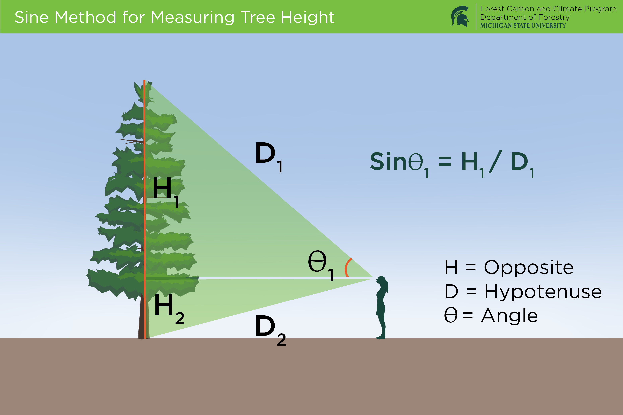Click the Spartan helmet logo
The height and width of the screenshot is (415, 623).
(x=460, y=16)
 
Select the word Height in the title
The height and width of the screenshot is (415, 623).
(x=307, y=18)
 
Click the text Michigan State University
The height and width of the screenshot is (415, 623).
(x=523, y=26)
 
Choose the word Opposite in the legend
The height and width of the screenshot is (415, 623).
(x=529, y=267)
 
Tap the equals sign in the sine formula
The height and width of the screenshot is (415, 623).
(x=444, y=161)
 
